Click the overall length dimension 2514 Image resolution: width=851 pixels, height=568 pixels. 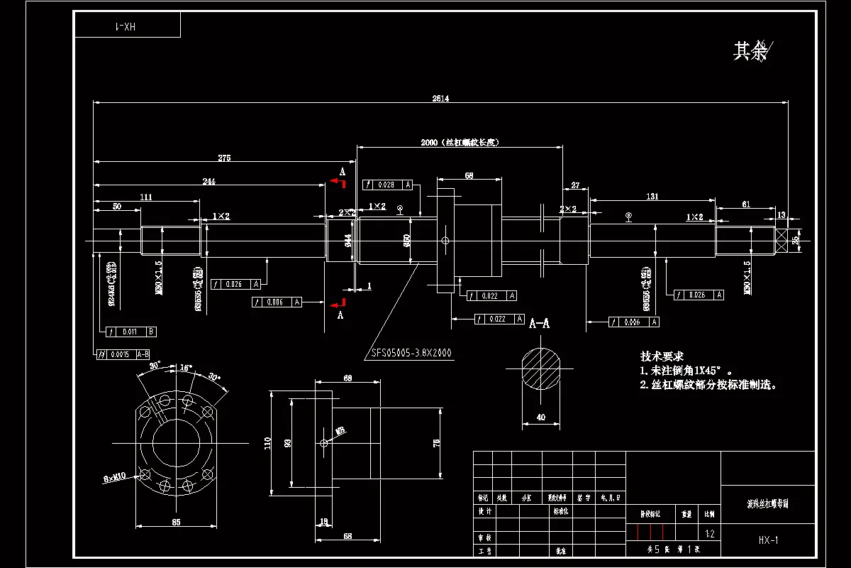(x=440, y=99)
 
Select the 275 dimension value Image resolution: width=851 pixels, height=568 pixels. (x=224, y=158)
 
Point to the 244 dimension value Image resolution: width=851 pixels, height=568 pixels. (x=209, y=182)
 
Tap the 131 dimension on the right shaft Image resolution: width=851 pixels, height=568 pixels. (x=652, y=196)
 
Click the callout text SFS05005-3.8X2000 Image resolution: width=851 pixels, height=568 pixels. (x=412, y=352)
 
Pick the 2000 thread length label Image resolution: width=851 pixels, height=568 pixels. (x=461, y=142)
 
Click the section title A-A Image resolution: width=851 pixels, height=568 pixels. (x=540, y=323)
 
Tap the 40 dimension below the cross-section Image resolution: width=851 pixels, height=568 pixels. (x=542, y=417)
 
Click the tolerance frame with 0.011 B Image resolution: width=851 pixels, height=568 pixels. (x=130, y=331)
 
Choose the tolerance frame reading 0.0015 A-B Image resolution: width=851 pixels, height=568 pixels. (x=122, y=354)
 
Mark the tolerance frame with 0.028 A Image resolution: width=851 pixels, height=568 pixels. (x=388, y=185)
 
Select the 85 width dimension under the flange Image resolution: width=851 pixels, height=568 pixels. (x=176, y=522)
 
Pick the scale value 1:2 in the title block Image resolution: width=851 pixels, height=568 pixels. (x=709, y=532)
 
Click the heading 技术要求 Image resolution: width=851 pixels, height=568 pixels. (x=662, y=356)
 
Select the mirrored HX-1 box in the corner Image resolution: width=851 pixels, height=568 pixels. (x=128, y=26)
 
